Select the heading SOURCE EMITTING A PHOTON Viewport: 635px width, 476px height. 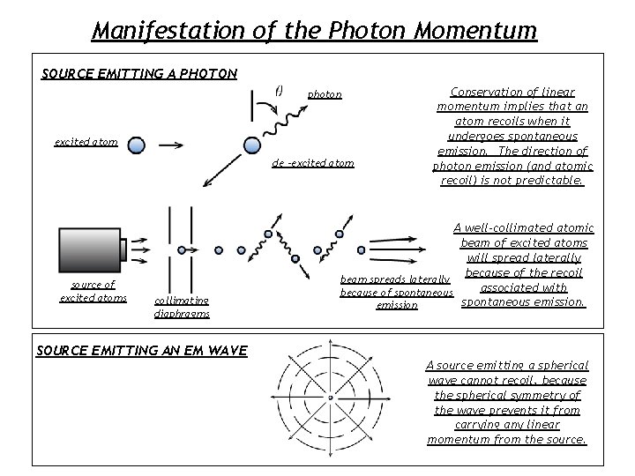(x=139, y=72)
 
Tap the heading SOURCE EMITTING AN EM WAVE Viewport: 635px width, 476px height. (x=141, y=351)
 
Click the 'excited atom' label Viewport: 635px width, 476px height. (x=86, y=142)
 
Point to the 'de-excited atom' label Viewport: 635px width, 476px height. (x=313, y=163)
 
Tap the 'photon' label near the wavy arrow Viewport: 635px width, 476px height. (x=325, y=94)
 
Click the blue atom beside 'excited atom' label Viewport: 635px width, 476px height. (x=136, y=144)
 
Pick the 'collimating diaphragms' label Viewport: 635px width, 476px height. (x=182, y=307)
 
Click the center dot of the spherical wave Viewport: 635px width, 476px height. (x=331, y=398)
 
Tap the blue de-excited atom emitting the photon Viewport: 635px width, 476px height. (x=252, y=144)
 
